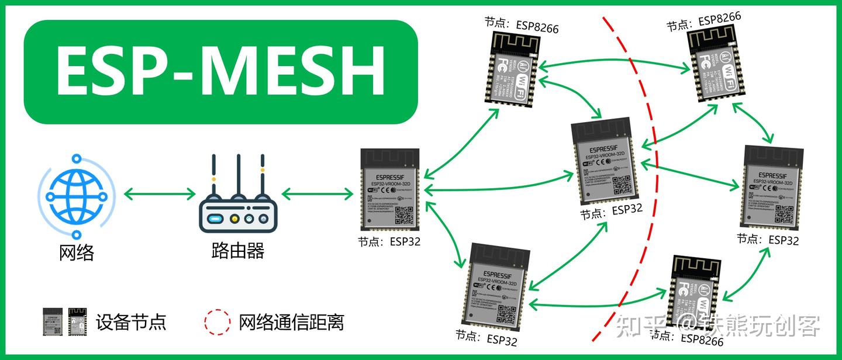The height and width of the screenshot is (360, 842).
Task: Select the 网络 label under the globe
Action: (x=77, y=252)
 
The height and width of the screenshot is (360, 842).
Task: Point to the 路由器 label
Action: (x=237, y=251)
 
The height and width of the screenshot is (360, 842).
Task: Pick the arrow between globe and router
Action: (x=159, y=193)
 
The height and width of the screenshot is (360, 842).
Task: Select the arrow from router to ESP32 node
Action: (x=316, y=193)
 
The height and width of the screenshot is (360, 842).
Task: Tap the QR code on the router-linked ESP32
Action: (x=404, y=214)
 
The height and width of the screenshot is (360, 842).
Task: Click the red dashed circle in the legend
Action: (x=217, y=321)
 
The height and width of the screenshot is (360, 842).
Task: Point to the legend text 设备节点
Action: (x=131, y=321)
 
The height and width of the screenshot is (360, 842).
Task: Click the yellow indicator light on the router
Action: (x=234, y=219)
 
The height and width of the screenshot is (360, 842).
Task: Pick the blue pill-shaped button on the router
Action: (x=215, y=219)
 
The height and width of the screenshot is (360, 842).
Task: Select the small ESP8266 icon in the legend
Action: (x=77, y=321)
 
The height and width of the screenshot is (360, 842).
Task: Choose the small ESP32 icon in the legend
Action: (x=52, y=321)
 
